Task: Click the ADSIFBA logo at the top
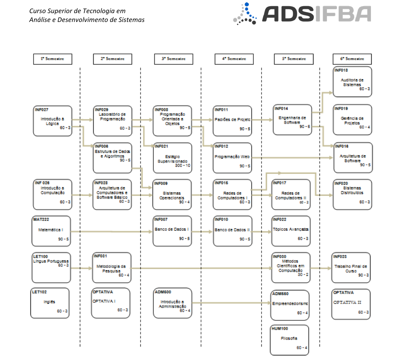click(302, 14)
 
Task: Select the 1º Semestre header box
click(52, 59)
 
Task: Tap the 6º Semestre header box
click(352, 59)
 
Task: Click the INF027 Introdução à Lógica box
click(52, 121)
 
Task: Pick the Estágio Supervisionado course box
click(173, 158)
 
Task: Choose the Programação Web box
click(232, 158)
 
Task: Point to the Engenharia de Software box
click(292, 119)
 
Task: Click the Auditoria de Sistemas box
click(352, 82)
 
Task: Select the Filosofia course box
click(289, 340)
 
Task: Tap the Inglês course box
click(50, 303)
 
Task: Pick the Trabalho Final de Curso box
click(351, 267)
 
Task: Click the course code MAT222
click(40, 219)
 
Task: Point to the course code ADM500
click(162, 292)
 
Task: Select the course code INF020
click(341, 183)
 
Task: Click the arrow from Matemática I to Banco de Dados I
click(112, 232)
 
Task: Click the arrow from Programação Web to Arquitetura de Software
click(293, 157)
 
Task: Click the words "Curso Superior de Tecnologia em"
click(77, 11)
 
